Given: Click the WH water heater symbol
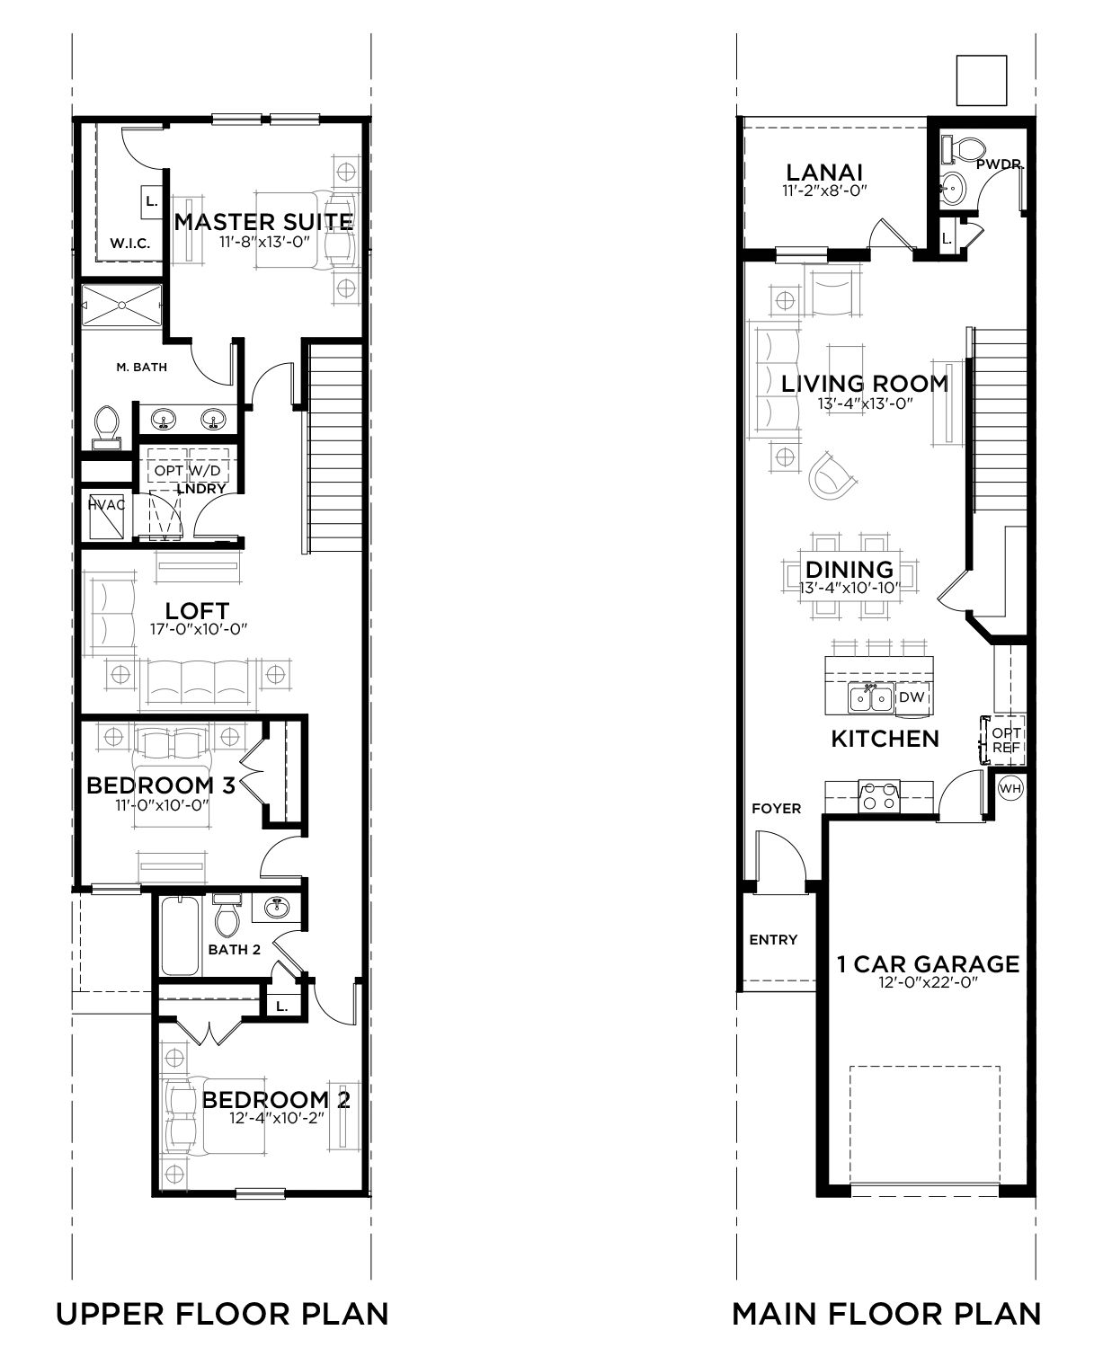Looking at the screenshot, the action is (x=1010, y=789).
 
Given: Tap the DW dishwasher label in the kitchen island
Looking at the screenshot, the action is (x=912, y=697).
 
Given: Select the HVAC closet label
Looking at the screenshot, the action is (x=106, y=505).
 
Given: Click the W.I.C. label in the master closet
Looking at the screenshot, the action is (x=129, y=243).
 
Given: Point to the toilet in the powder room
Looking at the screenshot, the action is (x=965, y=149).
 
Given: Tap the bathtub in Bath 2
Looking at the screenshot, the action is (x=180, y=937).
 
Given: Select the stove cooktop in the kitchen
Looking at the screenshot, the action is (x=878, y=795).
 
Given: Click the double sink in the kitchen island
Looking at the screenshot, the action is (x=870, y=698).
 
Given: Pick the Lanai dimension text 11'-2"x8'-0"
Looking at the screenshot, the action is (x=824, y=191).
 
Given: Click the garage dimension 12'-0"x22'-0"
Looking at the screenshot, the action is (x=929, y=982).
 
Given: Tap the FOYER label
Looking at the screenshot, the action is (x=777, y=809).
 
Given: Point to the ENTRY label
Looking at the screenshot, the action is (x=773, y=940).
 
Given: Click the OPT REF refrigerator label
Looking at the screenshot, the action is (x=1006, y=741).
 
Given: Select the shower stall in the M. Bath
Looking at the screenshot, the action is (x=121, y=306).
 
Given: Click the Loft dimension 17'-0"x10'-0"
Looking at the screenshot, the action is (x=199, y=629).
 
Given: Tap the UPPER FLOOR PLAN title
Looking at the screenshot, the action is (x=223, y=1314).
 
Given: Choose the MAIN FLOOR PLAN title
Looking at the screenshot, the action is (x=886, y=1314).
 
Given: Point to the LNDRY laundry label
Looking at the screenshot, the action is (x=201, y=488).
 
